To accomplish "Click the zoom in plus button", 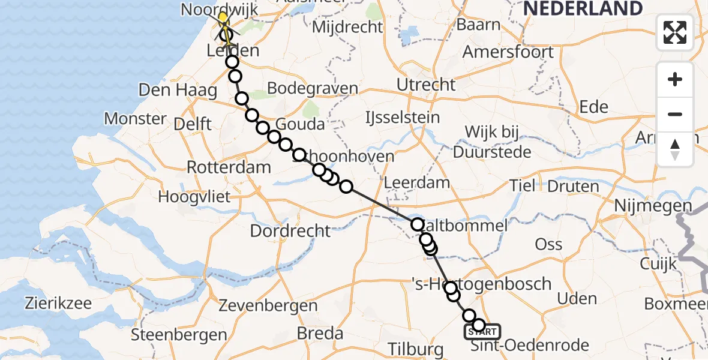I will pos(675,79).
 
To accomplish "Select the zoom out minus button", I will pos(675,114).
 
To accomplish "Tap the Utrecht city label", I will pos(426,85).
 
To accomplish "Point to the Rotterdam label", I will pos(229,167).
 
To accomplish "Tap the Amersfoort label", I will pos(508,52).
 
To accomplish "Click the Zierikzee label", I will pos(58,302).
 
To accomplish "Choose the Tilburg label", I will pos(415,349).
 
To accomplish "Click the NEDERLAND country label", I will pos(583,8).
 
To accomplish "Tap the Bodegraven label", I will pos(313,88).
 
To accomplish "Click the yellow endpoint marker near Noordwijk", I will pos(223,18).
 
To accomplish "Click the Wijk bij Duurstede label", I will pos(492,142).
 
